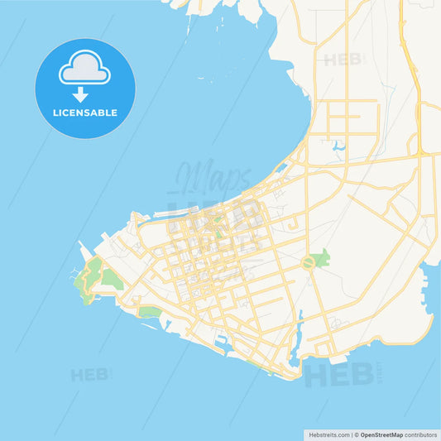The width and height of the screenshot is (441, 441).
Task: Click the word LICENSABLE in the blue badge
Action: click(x=85, y=113)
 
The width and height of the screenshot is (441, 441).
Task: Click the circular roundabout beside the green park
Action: click(x=309, y=263)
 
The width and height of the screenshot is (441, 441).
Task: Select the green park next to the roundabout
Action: click(x=321, y=258)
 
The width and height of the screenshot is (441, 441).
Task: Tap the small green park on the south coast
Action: click(x=150, y=312)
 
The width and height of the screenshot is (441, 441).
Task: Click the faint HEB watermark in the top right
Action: click(x=343, y=60)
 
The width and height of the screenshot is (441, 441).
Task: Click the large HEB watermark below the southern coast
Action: click(x=335, y=374)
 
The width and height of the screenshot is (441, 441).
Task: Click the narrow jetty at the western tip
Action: click(x=82, y=248)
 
